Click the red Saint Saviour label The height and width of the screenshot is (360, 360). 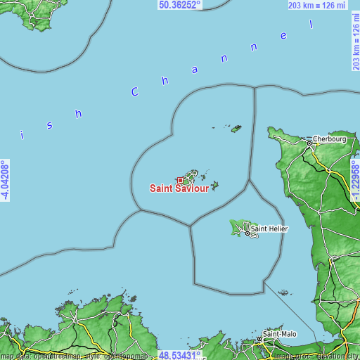[179, 188]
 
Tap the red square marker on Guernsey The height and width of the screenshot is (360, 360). [180, 180]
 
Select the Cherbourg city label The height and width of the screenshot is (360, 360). [330, 139]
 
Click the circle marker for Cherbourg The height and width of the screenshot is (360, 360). [309, 143]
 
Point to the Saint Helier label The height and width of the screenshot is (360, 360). [269, 228]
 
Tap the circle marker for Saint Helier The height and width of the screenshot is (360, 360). [247, 228]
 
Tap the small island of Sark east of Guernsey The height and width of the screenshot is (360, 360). [214, 186]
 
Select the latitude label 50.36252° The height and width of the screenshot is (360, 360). [180, 5]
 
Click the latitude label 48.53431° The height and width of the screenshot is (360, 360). [180, 355]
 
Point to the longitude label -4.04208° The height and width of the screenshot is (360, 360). [5, 180]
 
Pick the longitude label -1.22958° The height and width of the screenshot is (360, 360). [355, 180]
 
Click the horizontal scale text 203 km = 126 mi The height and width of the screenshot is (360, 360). [316, 5]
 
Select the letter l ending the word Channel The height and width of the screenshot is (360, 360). [310, 23]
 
